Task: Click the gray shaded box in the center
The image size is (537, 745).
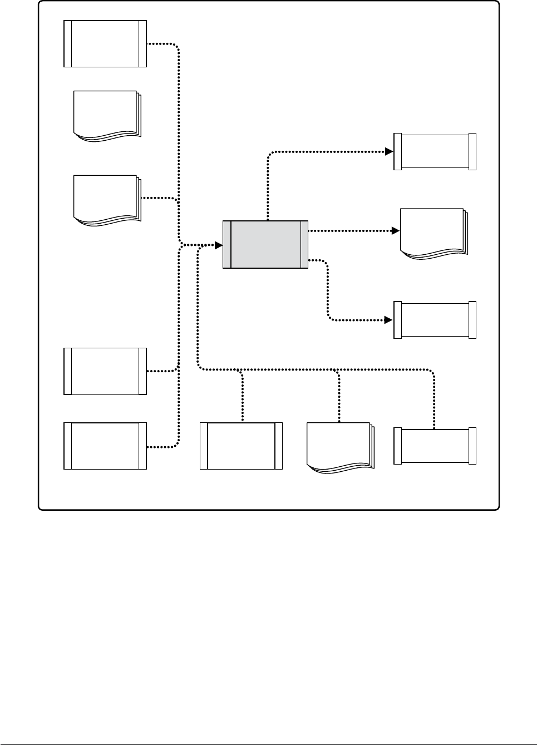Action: coord(265,244)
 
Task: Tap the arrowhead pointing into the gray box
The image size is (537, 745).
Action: coord(219,245)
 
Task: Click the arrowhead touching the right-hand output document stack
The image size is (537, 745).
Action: coord(396,230)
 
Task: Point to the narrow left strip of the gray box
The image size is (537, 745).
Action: coord(226,244)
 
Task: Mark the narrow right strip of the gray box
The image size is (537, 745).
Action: coord(304,244)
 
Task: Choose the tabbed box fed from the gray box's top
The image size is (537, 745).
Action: coord(435,151)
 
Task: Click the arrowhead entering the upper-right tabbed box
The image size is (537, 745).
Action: coord(389,151)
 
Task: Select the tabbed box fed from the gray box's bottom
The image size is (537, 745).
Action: coord(435,320)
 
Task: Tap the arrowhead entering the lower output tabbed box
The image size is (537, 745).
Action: coord(389,320)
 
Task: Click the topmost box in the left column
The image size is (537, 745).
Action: coord(105,44)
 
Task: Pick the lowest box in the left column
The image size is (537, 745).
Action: coord(105,446)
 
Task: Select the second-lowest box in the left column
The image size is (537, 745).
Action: coord(105,371)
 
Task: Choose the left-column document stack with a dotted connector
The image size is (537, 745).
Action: coord(106,199)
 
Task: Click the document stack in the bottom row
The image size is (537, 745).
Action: coord(339,447)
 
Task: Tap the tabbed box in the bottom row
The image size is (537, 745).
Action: coord(435,446)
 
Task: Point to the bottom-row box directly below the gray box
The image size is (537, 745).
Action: coord(241,446)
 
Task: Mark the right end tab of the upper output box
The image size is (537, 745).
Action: coord(472,151)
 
